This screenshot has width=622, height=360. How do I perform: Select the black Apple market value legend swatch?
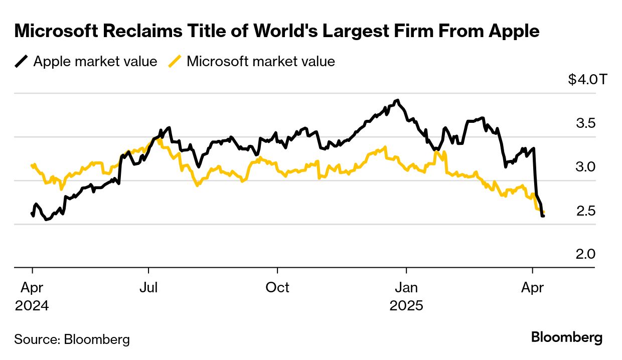pyautogui.click(x=22, y=62)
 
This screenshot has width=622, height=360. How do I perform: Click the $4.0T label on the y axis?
pyautogui.click(x=587, y=79)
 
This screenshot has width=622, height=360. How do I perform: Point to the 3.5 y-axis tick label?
pyautogui.click(x=586, y=123)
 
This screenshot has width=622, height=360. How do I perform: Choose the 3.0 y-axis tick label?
pyautogui.click(x=586, y=166)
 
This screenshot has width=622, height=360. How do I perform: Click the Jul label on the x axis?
pyautogui.click(x=148, y=288)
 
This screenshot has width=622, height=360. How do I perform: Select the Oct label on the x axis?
pyautogui.click(x=277, y=288)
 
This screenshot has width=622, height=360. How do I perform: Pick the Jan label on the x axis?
pyautogui.click(x=406, y=288)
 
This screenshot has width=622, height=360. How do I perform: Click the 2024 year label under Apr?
pyautogui.click(x=32, y=306)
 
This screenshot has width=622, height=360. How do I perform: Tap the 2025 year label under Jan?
pyautogui.click(x=406, y=306)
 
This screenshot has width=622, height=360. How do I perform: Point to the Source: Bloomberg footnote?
pyautogui.click(x=72, y=339)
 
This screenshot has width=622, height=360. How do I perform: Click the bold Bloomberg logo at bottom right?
pyautogui.click(x=567, y=337)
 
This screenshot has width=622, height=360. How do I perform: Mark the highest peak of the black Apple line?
pyautogui.click(x=397, y=100)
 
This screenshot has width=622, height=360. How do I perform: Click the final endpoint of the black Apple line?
pyautogui.click(x=543, y=216)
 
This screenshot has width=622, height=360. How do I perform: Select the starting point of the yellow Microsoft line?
pyautogui.click(x=32, y=165)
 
